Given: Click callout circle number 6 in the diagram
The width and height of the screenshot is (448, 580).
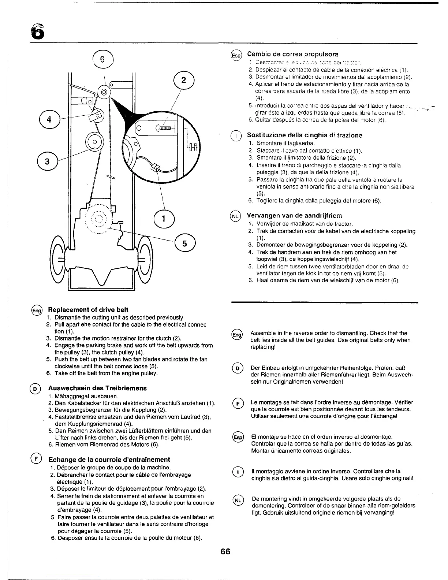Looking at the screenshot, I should point(103,60).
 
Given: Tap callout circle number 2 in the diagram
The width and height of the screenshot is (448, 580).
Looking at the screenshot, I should point(183,81).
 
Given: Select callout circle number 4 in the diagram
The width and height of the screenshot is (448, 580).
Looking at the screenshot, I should point(48,120).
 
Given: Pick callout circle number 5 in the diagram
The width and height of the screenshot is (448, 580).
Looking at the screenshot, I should point(185,244).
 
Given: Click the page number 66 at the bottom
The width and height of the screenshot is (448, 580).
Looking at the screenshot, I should point(225,551).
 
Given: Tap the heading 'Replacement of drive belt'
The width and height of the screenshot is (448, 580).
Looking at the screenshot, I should point(88,310).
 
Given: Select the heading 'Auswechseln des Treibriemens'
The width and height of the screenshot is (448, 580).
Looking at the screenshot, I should point(97,388).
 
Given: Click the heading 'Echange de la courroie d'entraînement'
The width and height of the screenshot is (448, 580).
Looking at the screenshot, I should point(109,460).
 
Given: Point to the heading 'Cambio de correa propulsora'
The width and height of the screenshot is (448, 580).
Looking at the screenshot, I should point(293,54).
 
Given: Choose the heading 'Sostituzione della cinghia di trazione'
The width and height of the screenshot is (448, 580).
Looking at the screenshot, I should point(305,135).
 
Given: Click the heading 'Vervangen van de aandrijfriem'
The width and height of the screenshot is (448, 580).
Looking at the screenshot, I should point(294,215).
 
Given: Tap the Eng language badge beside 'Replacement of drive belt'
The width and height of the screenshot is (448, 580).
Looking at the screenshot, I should point(37,310).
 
